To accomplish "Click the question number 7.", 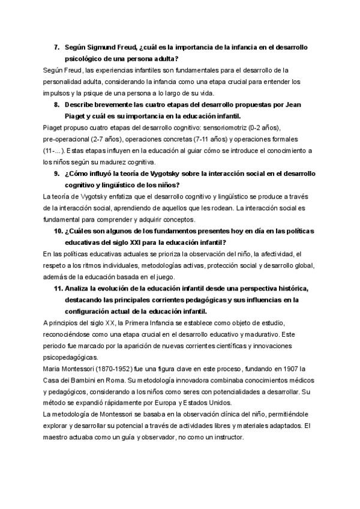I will (57, 46).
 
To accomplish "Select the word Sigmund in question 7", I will (103, 46).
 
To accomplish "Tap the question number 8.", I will (57, 104).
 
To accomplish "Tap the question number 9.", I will (57, 174).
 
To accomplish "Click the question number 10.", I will (58, 232).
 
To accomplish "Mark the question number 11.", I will (58, 289).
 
